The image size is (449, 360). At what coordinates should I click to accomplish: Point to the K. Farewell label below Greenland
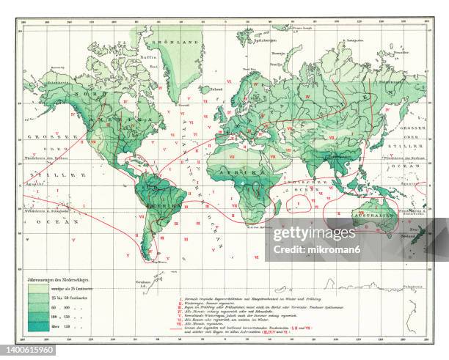pyautogui.click(x=183, y=105)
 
